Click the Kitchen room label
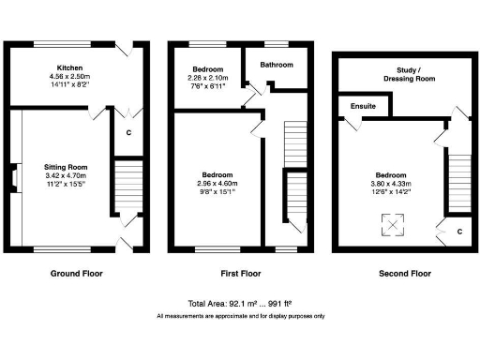[70, 67]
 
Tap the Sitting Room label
[65, 167]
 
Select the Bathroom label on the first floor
[277, 65]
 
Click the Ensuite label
[364, 107]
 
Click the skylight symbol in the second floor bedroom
[389, 225]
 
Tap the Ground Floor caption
[75, 274]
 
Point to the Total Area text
[240, 305]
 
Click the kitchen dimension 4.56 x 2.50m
[70, 76]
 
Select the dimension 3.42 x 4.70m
[65, 175]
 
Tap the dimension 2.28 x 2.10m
[207, 78]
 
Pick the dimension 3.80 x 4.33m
[391, 185]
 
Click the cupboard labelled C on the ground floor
[127, 132]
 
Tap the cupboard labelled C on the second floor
[458, 231]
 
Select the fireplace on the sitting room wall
[12, 178]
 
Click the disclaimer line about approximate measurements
[240, 316]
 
